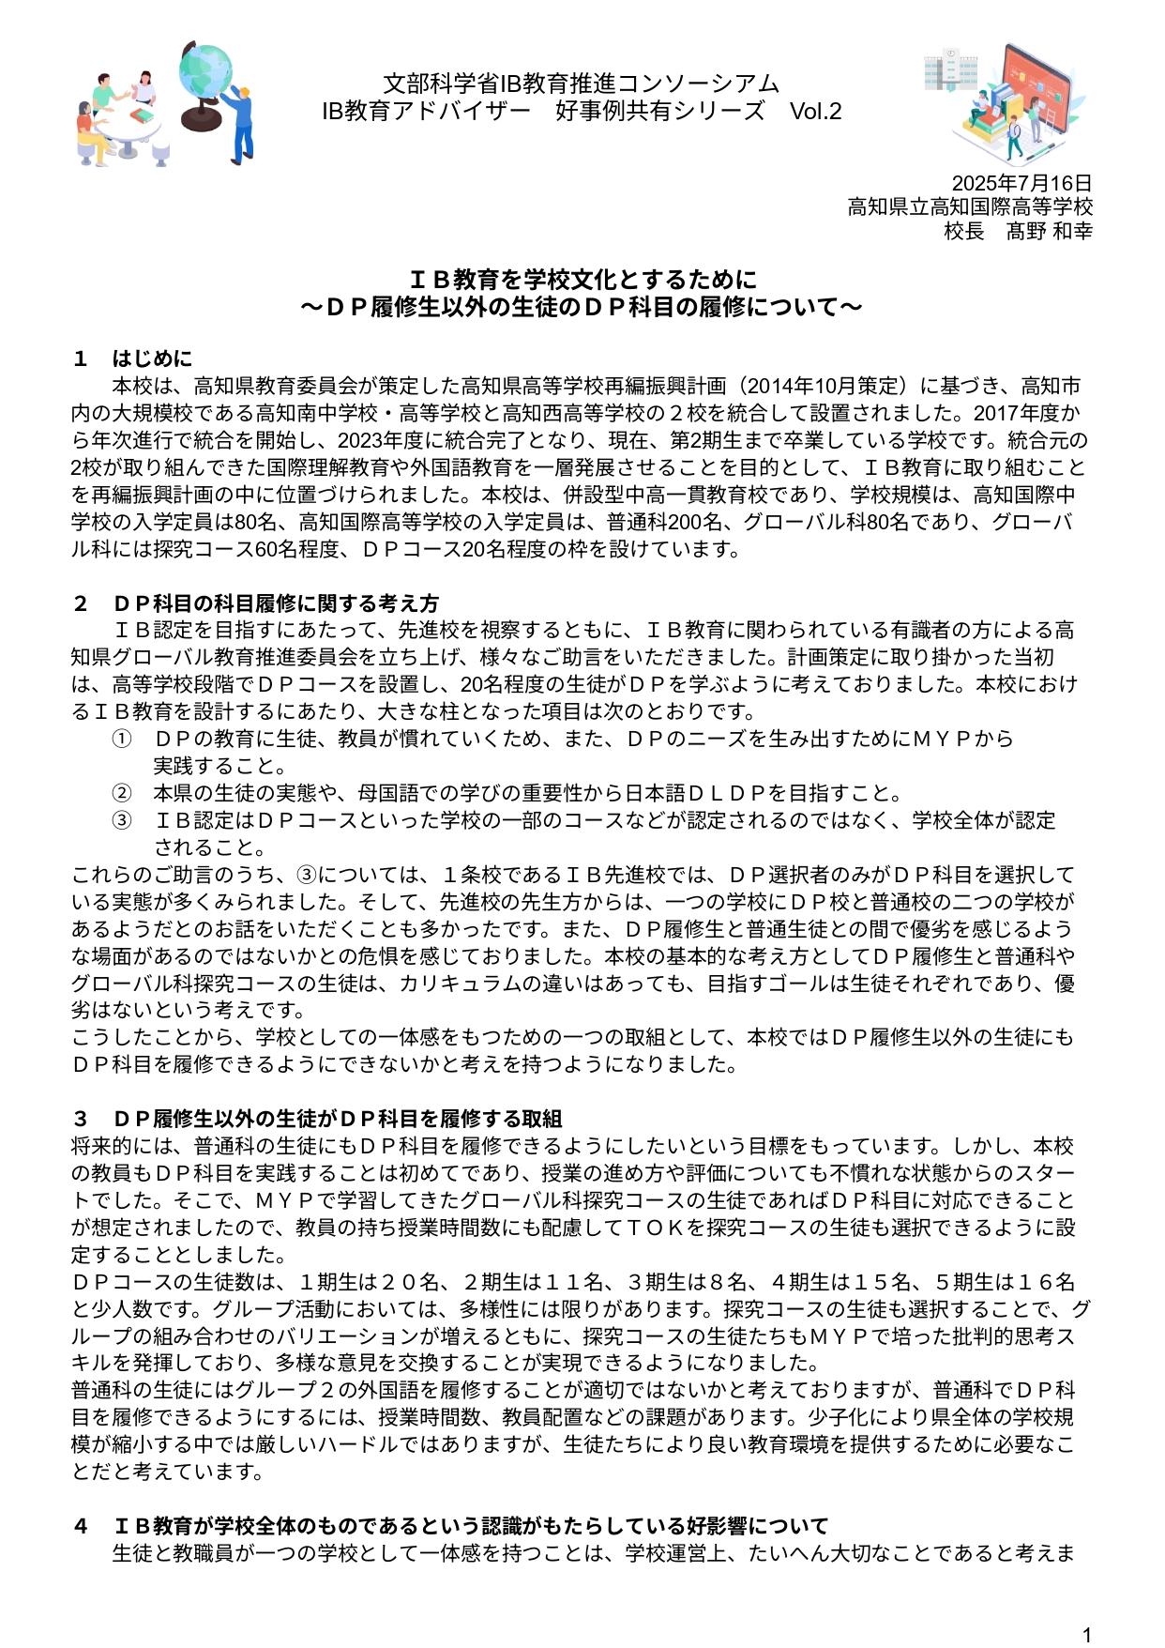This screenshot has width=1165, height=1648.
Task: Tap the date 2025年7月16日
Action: pyautogui.click(x=1021, y=183)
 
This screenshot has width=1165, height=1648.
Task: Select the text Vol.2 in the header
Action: pyautogui.click(x=815, y=112)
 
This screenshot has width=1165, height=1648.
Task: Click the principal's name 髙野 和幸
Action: pyautogui.click(x=1049, y=231)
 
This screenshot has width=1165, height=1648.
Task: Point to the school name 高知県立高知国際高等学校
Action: pyautogui.click(x=970, y=206)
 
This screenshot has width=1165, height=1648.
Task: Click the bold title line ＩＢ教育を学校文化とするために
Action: pyautogui.click(x=582, y=280)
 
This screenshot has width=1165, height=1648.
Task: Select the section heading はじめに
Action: pyautogui.click(x=152, y=359)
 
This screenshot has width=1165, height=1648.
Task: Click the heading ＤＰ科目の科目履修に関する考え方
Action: pyautogui.click(x=276, y=603)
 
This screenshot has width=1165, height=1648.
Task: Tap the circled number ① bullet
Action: pyautogui.click(x=122, y=739)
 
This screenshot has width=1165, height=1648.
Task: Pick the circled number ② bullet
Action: pyautogui.click(x=122, y=793)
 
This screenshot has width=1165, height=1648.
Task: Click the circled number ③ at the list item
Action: pyautogui.click(x=122, y=820)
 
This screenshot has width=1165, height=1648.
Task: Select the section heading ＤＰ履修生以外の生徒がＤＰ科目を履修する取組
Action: pyautogui.click(x=337, y=1119)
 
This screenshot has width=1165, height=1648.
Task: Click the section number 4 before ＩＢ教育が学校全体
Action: pyautogui.click(x=82, y=1526)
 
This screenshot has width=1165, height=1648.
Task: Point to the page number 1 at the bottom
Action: pyautogui.click(x=1087, y=1635)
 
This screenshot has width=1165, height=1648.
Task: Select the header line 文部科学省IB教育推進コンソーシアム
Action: pyautogui.click(x=582, y=84)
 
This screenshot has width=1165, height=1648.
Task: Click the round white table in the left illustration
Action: pyautogui.click(x=132, y=131)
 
